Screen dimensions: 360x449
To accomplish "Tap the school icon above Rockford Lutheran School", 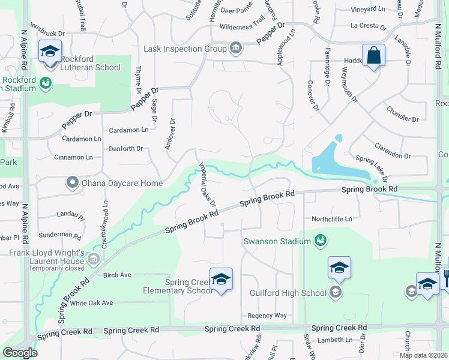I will pyautogui.click(x=50, y=52).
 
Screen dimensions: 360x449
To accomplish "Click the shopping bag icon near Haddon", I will pyautogui.click(x=373, y=55).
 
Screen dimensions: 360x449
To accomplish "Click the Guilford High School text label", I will pyautogui.click(x=289, y=293).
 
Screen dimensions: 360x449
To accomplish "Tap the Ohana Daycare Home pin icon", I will pyautogui.click(x=73, y=182).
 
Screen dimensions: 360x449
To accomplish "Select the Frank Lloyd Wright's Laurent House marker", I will pyautogui.click(x=93, y=259).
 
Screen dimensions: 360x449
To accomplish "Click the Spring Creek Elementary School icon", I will pyautogui.click(x=221, y=279).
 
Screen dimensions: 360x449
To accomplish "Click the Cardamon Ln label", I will pyautogui.click(x=128, y=130).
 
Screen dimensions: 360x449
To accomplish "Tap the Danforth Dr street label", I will pyautogui.click(x=125, y=148).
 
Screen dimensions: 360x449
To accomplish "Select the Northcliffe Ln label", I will pyautogui.click(x=331, y=219).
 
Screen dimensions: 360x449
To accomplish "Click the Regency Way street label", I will pyautogui.click(x=267, y=316).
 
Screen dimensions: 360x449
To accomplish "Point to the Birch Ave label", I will pyautogui.click(x=116, y=275).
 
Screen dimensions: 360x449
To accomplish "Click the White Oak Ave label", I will pyautogui.click(x=91, y=303).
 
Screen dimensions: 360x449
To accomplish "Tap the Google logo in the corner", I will pyautogui.click(x=20, y=353).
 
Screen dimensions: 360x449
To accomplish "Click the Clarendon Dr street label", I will pyautogui.click(x=392, y=151).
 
